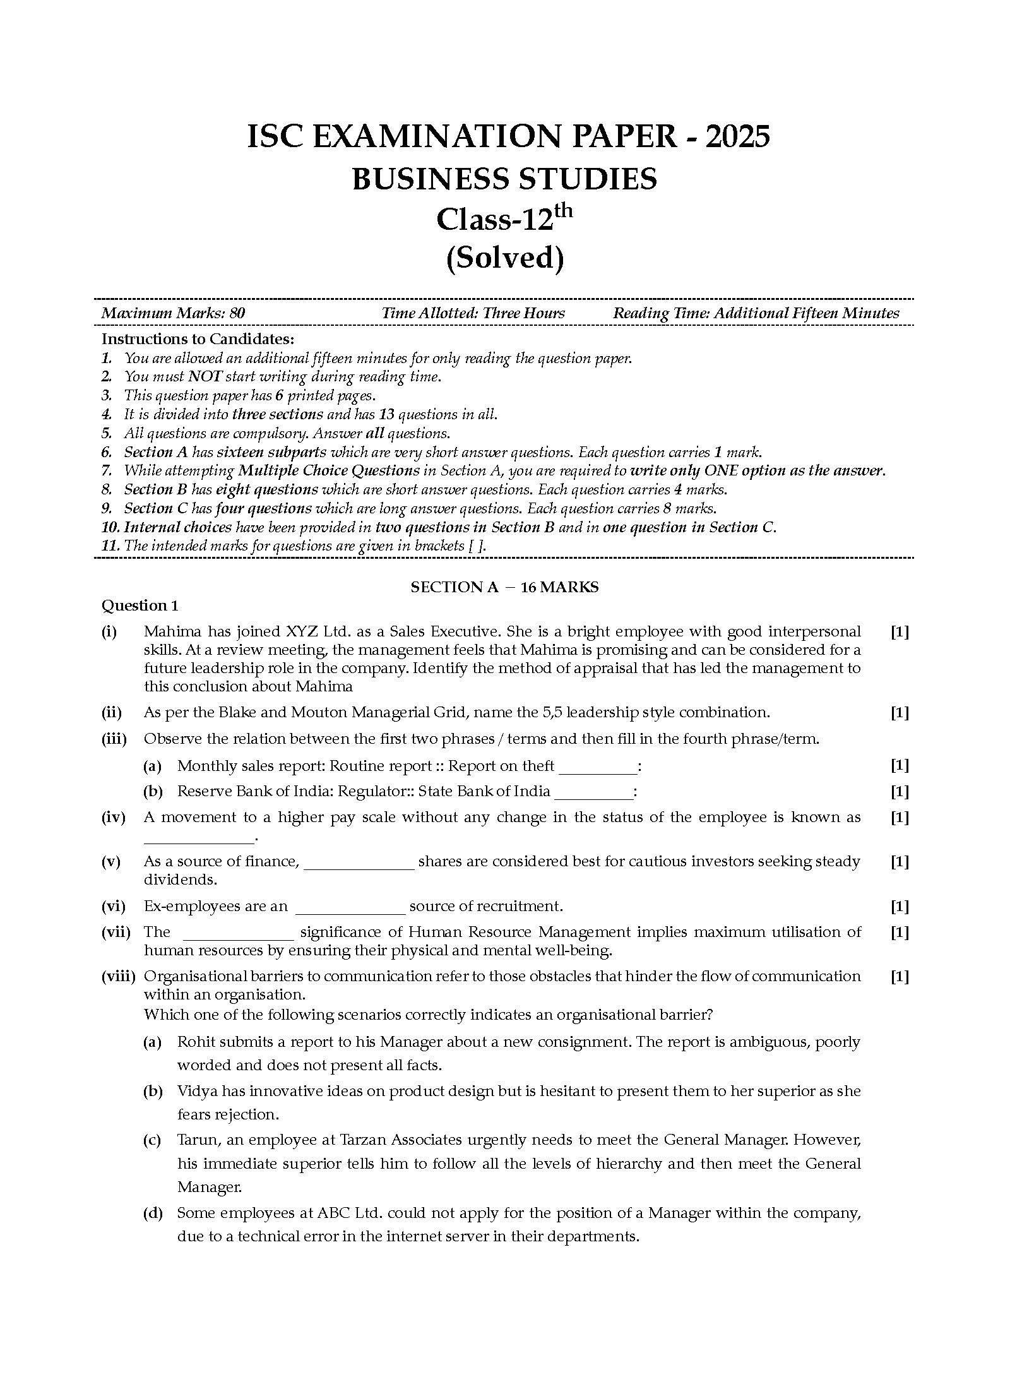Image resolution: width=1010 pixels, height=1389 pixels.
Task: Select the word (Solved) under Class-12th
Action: (x=504, y=258)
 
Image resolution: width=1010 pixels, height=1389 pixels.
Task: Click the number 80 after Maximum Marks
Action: (x=237, y=313)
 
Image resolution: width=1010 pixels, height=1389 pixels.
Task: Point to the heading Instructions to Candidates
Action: (x=198, y=339)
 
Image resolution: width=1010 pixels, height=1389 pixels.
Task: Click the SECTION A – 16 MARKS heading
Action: (x=504, y=587)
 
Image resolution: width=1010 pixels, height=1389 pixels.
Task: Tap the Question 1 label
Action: (x=140, y=606)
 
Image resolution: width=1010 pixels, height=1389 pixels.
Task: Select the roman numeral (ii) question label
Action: (x=112, y=713)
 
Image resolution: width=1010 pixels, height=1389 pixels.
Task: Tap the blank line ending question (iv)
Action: (x=198, y=838)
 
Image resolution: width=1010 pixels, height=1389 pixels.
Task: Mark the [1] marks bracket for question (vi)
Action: (x=899, y=907)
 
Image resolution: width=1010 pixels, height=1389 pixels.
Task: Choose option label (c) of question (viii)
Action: (x=152, y=1140)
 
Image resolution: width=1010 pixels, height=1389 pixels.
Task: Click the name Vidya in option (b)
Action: (x=195, y=1091)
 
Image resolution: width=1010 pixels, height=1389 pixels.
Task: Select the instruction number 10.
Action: (x=110, y=528)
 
